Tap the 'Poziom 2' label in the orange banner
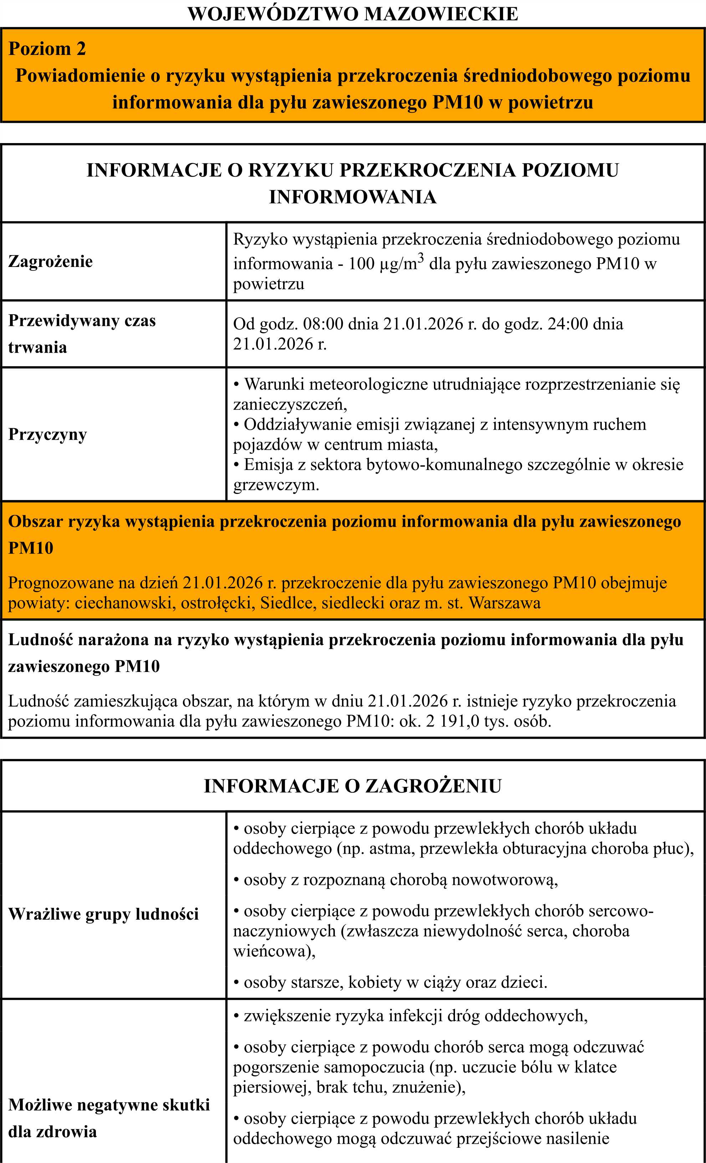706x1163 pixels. (x=47, y=49)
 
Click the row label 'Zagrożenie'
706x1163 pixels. (x=51, y=261)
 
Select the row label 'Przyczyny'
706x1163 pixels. (x=48, y=434)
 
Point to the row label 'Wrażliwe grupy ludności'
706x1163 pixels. (x=103, y=914)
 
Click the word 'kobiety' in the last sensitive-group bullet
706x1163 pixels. (x=375, y=982)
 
